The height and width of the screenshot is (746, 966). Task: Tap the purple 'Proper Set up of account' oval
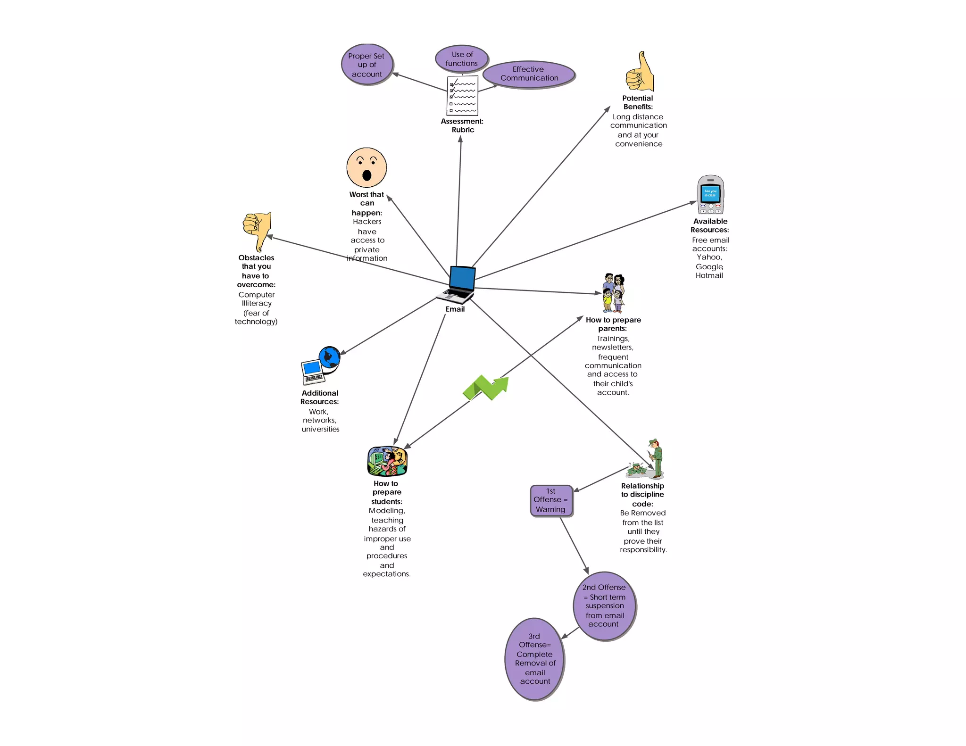click(367, 65)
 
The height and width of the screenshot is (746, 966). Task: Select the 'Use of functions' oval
click(462, 59)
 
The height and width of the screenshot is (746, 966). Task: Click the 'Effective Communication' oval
click(529, 74)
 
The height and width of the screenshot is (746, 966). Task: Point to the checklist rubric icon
click(462, 96)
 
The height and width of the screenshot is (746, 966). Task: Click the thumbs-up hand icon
click(641, 73)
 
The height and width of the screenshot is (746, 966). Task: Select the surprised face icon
click(366, 168)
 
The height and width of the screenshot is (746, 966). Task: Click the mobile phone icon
click(710, 195)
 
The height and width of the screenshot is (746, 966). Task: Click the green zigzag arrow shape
click(486, 388)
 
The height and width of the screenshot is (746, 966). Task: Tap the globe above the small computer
click(329, 357)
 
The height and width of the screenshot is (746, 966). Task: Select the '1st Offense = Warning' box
click(551, 500)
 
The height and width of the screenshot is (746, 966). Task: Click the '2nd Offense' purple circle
click(604, 606)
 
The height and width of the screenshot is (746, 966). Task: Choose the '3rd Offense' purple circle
click(534, 659)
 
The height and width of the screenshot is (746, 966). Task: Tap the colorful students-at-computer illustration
click(387, 461)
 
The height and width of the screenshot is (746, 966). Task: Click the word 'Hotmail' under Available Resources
click(709, 276)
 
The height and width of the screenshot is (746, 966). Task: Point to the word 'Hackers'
click(367, 222)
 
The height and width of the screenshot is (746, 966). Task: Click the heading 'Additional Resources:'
click(320, 398)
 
